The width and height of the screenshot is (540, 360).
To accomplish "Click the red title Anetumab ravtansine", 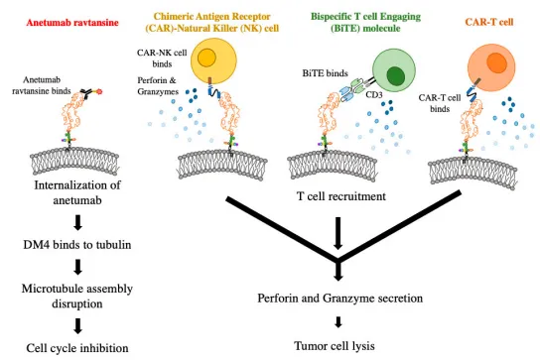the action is click(72, 23).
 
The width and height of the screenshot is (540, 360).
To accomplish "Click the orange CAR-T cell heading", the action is click(489, 22).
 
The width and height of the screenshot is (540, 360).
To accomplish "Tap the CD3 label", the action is click(374, 94).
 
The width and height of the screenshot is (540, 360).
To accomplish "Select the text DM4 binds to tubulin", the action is click(77, 245).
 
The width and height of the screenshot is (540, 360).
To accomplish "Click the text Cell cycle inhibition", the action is click(77, 348).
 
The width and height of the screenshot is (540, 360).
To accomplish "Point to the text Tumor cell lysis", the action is click(335, 345).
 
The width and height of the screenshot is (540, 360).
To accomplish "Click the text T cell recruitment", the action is click(341, 196).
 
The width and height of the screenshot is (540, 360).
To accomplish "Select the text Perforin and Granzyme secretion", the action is click(340, 299).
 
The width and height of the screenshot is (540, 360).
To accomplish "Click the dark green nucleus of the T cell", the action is click(395, 76).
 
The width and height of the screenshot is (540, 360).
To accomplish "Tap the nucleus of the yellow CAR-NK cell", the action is click(206, 58).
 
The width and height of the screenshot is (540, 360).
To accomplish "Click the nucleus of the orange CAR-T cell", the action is click(496, 63).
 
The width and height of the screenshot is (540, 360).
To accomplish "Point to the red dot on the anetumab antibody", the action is click(99, 91).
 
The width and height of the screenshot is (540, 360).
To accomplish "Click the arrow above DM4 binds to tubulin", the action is click(78, 223).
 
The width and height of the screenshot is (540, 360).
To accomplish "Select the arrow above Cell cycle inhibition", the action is click(78, 326).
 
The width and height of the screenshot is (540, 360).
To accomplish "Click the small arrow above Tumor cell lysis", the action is click(338, 322).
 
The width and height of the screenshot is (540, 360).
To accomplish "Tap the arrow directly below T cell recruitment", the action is click(338, 233).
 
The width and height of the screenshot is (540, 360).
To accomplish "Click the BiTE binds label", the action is click(326, 73).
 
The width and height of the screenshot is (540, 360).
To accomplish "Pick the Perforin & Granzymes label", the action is click(158, 86).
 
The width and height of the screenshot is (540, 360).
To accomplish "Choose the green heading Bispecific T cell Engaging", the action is click(365, 17).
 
